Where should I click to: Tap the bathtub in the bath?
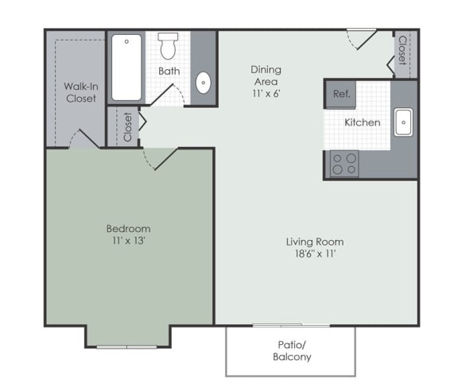[126, 68]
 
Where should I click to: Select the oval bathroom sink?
[204, 83]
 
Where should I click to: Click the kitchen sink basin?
[403, 122]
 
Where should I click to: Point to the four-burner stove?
[344, 164]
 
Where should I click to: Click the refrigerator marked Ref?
[340, 94]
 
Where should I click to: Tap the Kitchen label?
[363, 122]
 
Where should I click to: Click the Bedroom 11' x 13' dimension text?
[129, 241]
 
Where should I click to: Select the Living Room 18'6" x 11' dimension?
[315, 254]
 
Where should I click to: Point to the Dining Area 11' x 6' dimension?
[266, 94]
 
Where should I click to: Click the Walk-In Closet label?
[81, 92]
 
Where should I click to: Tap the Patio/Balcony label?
[292, 350]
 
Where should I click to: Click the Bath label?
[169, 71]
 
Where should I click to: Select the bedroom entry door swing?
[160, 159]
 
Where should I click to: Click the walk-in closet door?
[85, 139]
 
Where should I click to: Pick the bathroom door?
[167, 95]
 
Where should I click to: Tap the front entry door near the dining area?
[362, 39]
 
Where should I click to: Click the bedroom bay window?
[126, 347]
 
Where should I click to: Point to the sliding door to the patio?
[292, 325]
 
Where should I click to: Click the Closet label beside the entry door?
[403, 50]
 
